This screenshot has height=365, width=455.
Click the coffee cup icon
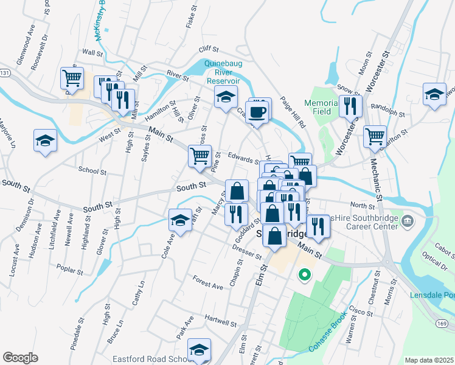coord(259,112)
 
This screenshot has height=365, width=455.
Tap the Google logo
coord(20,358)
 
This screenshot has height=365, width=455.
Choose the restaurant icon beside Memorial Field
coord(350,107)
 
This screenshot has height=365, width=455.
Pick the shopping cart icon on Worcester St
coord(375,136)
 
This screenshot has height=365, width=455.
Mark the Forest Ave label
coord(208,285)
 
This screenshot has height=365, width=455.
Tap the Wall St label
coord(92,53)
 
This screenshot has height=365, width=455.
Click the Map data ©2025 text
coord(428,360)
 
